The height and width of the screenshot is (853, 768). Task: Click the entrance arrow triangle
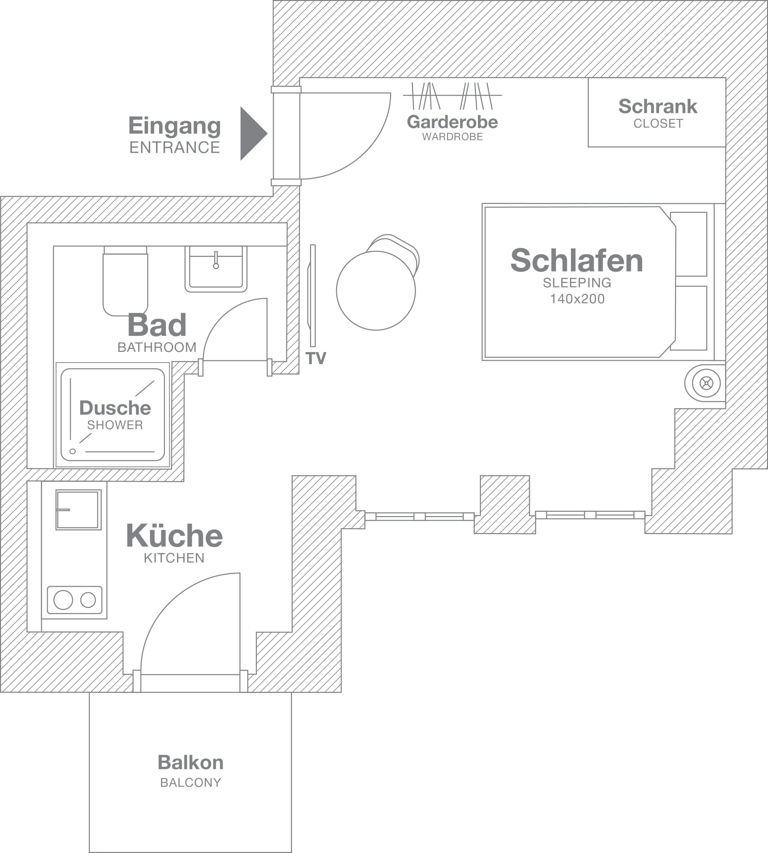252,133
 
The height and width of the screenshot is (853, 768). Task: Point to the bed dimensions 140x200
577,299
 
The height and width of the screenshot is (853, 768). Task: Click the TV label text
316,358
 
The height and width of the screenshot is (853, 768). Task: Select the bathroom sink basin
215,269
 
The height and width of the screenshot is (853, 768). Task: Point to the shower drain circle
73,451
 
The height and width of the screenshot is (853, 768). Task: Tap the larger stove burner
63,600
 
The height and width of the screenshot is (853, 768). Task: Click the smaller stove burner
88,600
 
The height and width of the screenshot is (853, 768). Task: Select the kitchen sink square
79,509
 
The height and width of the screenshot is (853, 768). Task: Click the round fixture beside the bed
706,383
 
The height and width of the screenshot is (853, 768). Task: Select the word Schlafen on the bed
577,261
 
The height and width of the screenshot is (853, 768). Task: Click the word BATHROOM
157,347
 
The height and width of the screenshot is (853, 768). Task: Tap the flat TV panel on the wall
312,296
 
